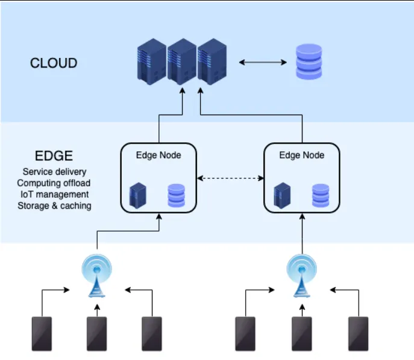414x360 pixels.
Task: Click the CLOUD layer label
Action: (x=54, y=63)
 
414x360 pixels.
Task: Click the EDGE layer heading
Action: (x=54, y=156)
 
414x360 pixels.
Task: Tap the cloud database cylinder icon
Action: (x=309, y=62)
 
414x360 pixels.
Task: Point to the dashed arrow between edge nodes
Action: (x=231, y=178)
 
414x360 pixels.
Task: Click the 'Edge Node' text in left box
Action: (x=158, y=155)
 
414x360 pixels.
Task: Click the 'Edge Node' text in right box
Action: (x=302, y=155)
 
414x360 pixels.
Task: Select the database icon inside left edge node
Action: (x=176, y=195)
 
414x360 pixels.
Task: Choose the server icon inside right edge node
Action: (x=280, y=195)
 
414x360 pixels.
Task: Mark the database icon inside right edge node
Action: (x=320, y=195)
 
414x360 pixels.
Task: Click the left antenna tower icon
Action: (x=96, y=274)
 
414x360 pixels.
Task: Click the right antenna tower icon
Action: (x=300, y=274)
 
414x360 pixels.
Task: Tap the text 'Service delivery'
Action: (x=54, y=172)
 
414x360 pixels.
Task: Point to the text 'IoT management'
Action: (x=54, y=194)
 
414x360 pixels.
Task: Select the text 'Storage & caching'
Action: (x=54, y=206)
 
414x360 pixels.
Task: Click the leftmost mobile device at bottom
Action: (x=42, y=334)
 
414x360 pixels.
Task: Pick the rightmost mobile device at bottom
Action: (x=358, y=334)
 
